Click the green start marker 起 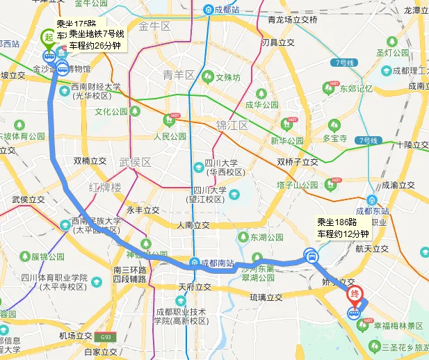[48, 38]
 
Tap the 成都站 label [227, 10]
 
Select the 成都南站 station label [213, 262]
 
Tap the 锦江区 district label [232, 126]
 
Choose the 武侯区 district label [135, 163]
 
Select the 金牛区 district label [154, 26]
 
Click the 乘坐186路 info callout [341, 227]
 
